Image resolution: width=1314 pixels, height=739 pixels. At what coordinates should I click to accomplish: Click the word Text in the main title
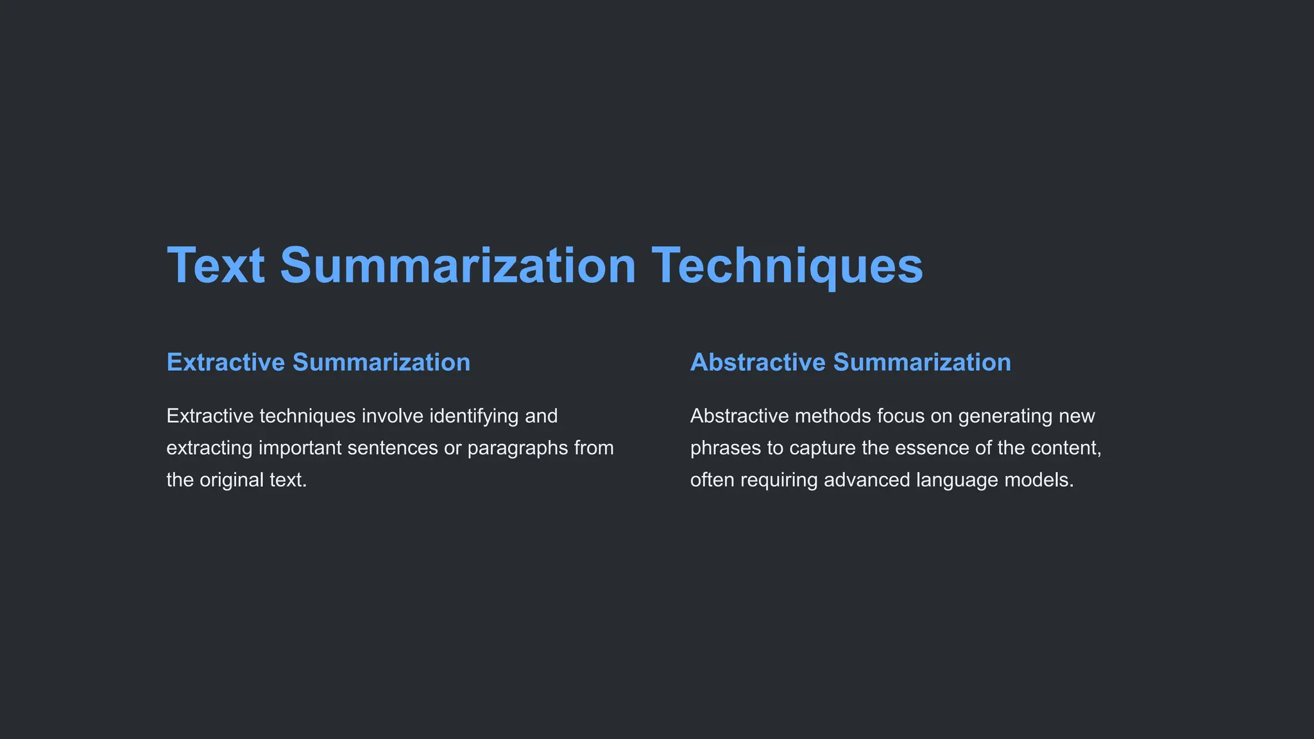[x=216, y=266]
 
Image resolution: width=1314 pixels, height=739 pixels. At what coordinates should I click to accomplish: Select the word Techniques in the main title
[x=787, y=266]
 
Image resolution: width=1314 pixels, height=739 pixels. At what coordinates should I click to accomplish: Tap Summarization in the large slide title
[x=458, y=266]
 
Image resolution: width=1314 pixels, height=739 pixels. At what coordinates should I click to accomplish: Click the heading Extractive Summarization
[x=318, y=362]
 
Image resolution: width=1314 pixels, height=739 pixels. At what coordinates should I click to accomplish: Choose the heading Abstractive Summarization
[x=850, y=362]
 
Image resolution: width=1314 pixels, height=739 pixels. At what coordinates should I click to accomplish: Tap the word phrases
[x=726, y=448]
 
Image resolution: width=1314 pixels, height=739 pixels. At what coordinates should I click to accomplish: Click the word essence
[x=932, y=448]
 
